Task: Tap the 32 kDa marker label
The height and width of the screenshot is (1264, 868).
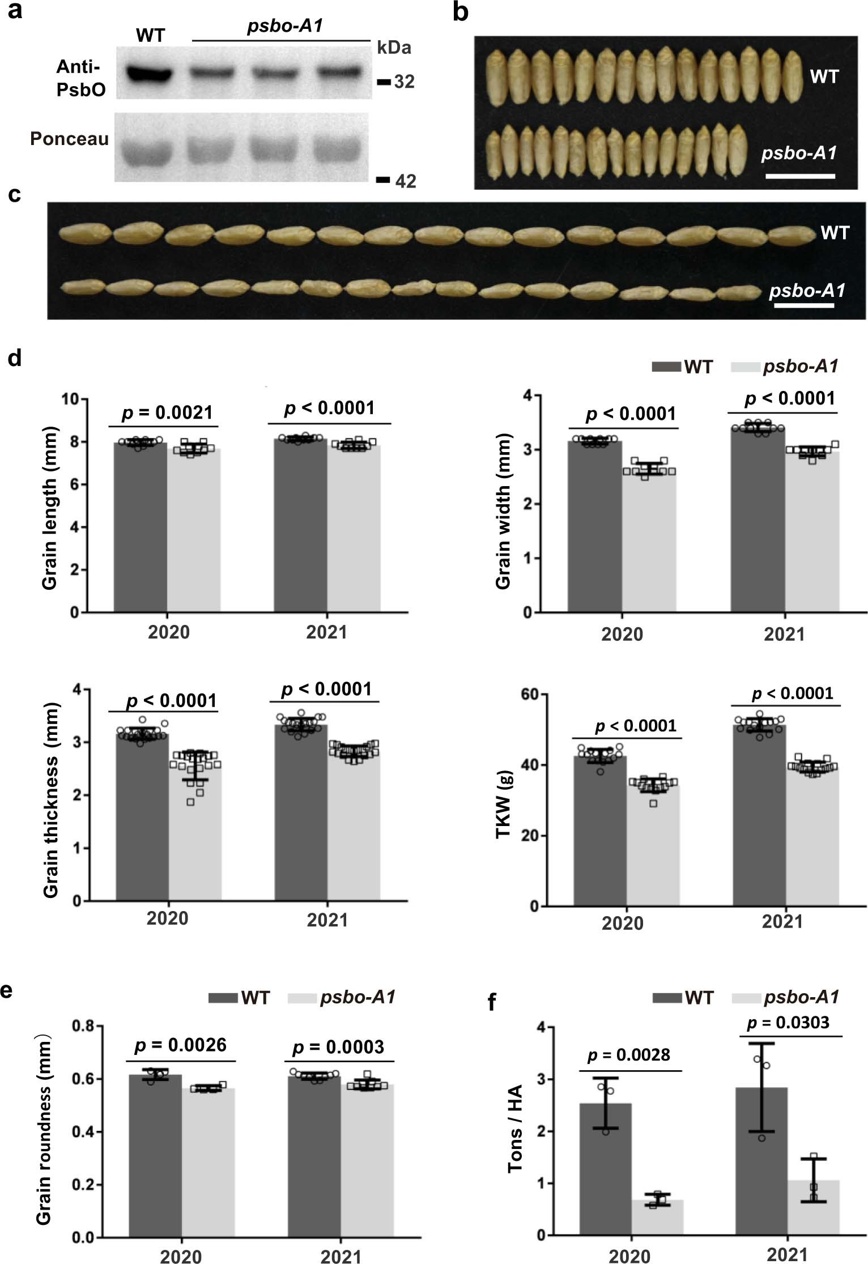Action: click(404, 82)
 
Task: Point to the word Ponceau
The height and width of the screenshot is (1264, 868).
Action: click(69, 139)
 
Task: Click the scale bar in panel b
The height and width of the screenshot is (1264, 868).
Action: click(799, 176)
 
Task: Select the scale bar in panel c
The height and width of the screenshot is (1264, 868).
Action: click(803, 306)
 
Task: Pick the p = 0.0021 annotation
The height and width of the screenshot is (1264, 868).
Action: click(167, 413)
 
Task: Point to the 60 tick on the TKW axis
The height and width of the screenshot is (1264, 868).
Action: click(530, 695)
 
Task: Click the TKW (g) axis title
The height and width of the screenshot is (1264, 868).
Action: click(504, 804)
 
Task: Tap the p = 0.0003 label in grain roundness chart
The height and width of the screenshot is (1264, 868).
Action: click(339, 1046)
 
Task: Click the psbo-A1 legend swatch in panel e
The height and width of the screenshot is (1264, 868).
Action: click(302, 997)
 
